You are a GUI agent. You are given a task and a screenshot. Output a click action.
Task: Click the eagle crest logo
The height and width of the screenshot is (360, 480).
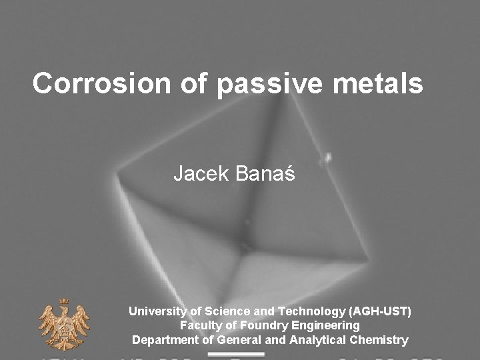tap(64, 323)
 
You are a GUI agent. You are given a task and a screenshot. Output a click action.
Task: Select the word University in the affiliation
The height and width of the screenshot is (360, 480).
tap(158, 311)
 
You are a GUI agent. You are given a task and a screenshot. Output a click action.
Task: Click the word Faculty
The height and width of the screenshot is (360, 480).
tap(199, 325)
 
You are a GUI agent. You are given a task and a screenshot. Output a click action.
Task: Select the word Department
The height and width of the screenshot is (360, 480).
tap(165, 340)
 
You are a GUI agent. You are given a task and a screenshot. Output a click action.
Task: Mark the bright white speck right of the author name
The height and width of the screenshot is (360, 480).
tap(327, 159)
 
